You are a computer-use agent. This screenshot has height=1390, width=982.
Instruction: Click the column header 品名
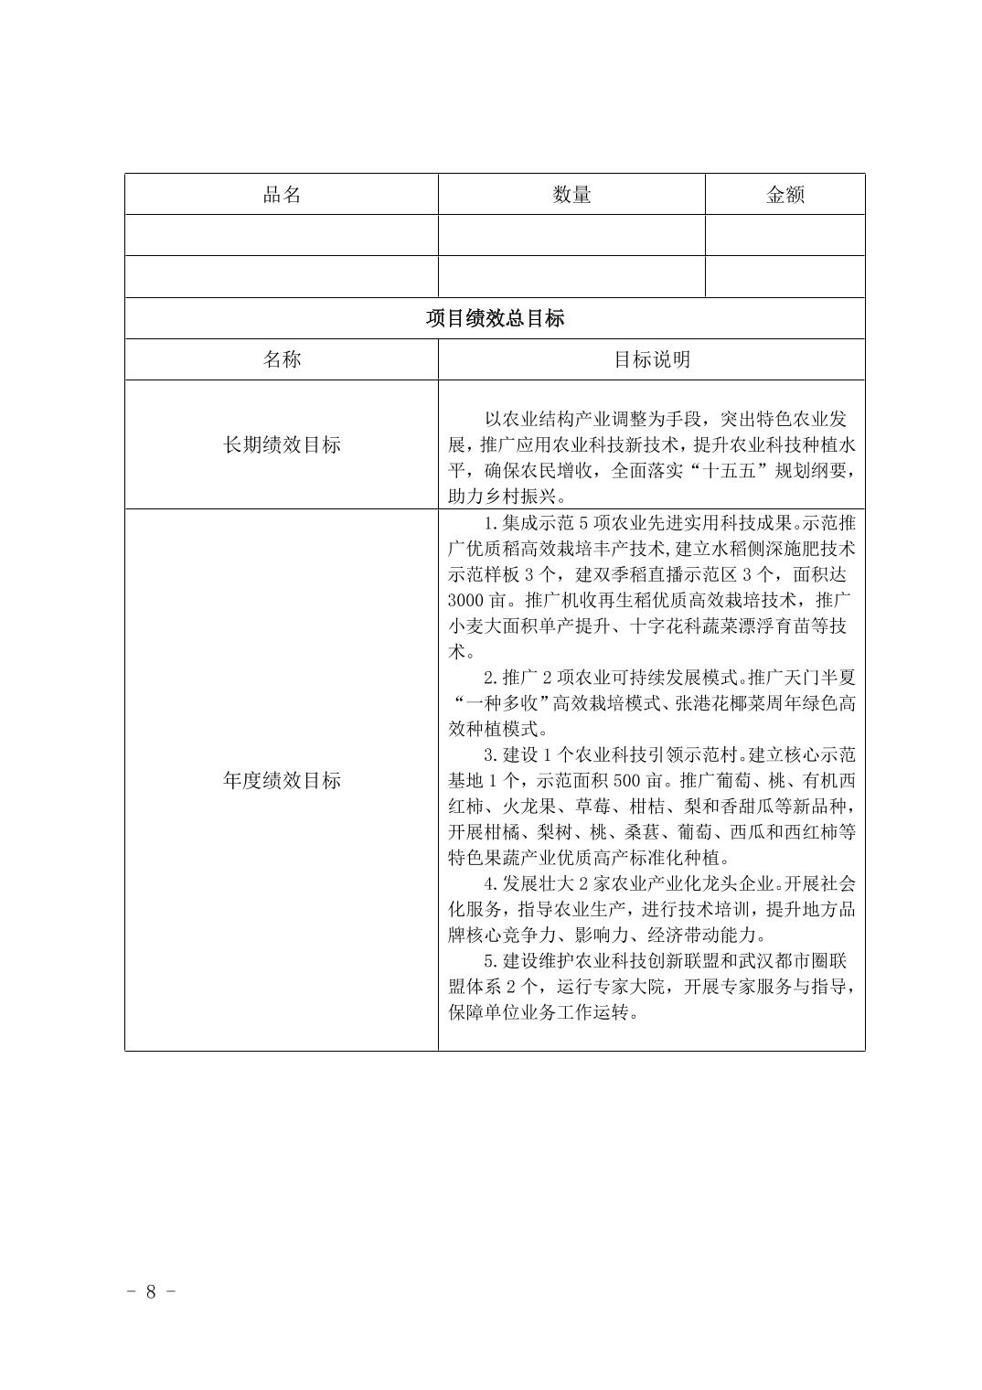(x=282, y=194)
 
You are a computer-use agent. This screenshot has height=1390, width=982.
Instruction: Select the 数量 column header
(x=571, y=194)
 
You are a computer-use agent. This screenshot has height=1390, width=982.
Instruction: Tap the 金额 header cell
(x=785, y=194)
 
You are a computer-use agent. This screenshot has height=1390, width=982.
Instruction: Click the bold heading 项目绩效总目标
(x=495, y=318)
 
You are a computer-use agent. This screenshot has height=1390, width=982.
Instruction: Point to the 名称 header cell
(x=282, y=359)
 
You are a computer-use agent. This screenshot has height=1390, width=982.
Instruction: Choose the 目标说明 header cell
(x=651, y=359)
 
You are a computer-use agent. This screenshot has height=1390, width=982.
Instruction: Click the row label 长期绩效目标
(x=282, y=444)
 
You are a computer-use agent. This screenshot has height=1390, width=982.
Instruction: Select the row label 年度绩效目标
(x=282, y=780)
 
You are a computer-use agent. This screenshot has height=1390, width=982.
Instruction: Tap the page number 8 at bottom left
(x=152, y=1291)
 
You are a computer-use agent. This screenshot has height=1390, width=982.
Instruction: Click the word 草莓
(x=594, y=807)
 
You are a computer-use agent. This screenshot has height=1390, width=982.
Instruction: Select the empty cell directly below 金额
(x=785, y=235)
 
